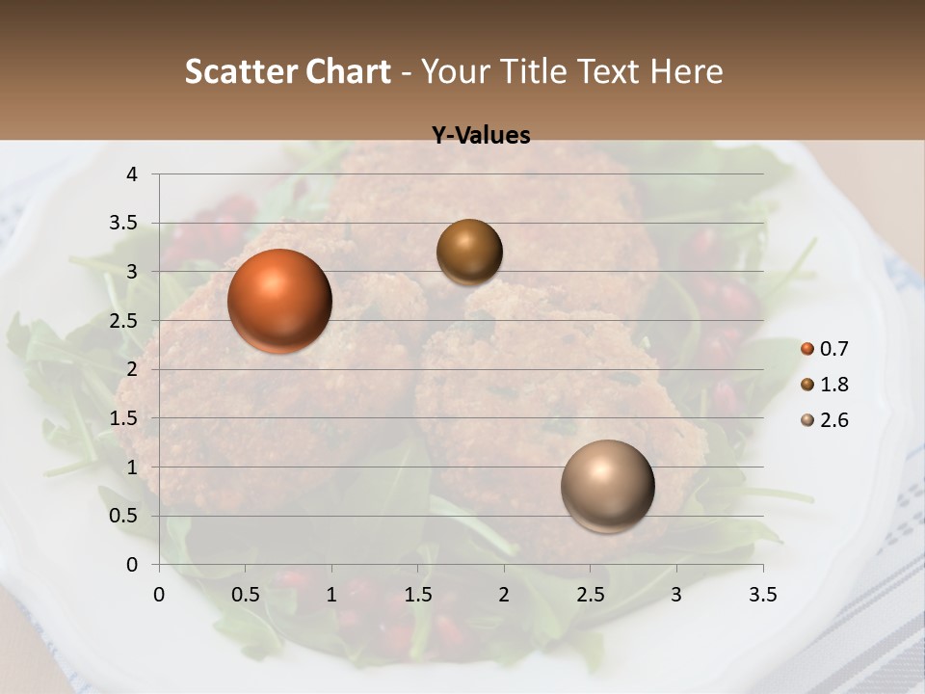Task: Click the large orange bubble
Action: coord(279,301)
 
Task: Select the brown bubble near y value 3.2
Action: coord(469,252)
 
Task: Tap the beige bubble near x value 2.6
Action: coord(607,486)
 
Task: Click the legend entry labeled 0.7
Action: coord(825,349)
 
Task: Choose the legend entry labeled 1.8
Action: coord(825,385)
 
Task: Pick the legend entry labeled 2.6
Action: coord(825,420)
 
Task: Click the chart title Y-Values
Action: coord(481,136)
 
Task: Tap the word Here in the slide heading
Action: coord(686,71)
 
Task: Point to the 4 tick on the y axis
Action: coord(133,174)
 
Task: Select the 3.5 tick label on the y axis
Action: coord(125,224)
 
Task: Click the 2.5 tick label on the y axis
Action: coord(125,321)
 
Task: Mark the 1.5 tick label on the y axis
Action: coord(125,418)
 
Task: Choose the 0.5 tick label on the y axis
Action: coord(125,516)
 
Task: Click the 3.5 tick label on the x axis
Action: coord(762,595)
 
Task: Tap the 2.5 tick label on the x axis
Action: coord(590,595)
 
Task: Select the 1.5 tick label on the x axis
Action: coord(417,595)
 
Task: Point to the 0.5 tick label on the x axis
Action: coord(245,595)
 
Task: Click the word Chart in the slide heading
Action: coord(348,71)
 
